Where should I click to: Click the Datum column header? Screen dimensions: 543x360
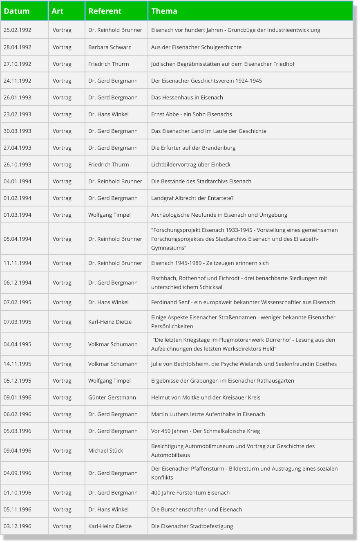click(17, 11)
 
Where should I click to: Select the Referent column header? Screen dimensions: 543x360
click(105, 11)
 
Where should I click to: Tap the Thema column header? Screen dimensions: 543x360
click(164, 11)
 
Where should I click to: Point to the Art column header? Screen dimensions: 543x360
click(58, 11)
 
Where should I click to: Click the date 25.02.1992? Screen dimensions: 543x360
click(18, 30)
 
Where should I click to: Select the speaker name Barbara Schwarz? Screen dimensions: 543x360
click(110, 47)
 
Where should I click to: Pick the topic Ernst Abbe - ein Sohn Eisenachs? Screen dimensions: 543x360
click(191, 114)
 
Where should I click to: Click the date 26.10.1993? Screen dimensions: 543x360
click(18, 164)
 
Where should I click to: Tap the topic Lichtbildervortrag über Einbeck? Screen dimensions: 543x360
click(191, 164)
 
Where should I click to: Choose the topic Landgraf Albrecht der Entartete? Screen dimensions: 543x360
click(192, 198)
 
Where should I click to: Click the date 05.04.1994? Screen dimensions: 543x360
click(18, 239)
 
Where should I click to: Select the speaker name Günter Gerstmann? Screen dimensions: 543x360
click(112, 397)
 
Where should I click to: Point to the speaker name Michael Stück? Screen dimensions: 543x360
click(105, 451)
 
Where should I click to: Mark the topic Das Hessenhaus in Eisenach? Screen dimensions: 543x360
click(187, 97)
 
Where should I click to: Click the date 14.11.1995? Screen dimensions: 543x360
click(18, 364)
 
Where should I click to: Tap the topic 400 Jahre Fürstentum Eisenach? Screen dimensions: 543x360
click(190, 493)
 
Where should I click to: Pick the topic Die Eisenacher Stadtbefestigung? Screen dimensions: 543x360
click(192, 526)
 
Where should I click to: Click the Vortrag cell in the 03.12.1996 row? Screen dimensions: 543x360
click(62, 526)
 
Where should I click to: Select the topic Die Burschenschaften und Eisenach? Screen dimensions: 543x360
click(197, 509)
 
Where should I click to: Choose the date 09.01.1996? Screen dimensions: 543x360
click(18, 397)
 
